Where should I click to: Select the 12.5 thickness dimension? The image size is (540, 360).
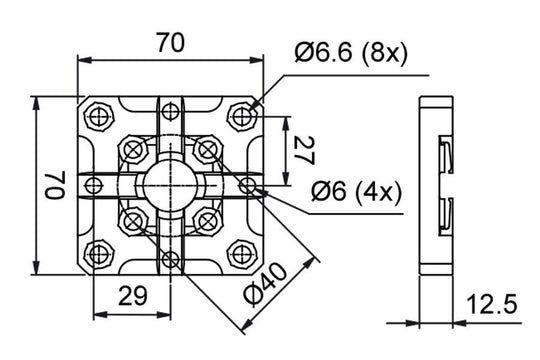[x=491, y=304]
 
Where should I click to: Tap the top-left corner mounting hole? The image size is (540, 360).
[x=98, y=116]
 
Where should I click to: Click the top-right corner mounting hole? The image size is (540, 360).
[x=243, y=118]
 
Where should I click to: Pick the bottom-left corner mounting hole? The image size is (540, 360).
[x=98, y=253]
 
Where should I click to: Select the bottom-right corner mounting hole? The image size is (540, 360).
[x=242, y=253]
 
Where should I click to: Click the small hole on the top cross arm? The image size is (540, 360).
[x=170, y=108]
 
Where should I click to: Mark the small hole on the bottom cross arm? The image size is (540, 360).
[x=171, y=262]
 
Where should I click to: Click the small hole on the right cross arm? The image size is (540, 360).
[x=248, y=185]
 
